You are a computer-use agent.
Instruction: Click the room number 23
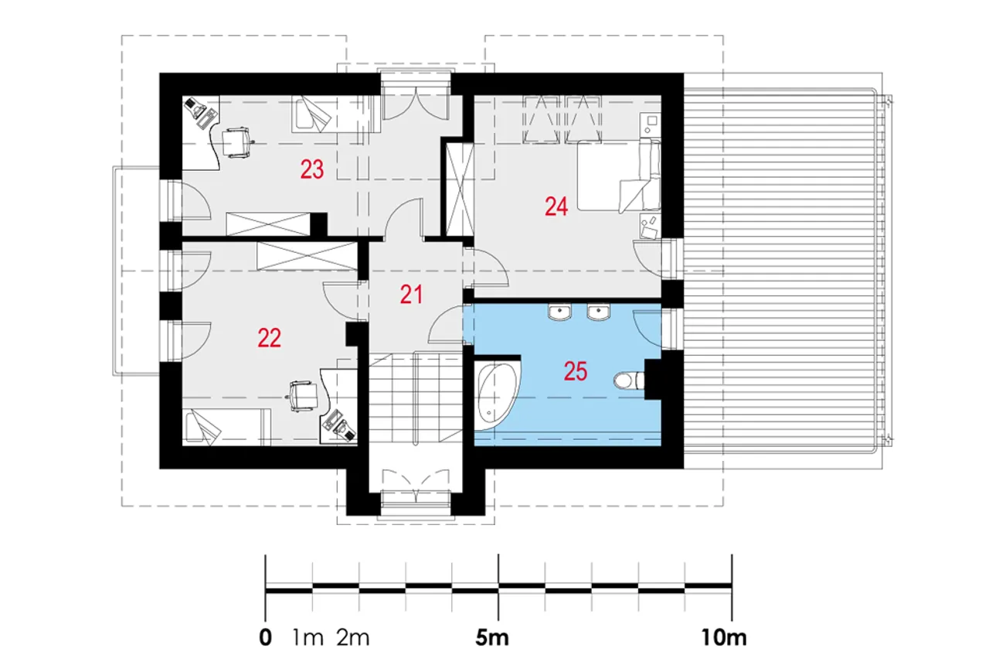(x=312, y=169)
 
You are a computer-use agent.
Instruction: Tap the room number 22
(x=270, y=339)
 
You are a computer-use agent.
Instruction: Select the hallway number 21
(x=411, y=295)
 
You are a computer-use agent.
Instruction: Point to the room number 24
(x=556, y=206)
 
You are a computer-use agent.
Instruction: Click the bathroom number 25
(x=576, y=371)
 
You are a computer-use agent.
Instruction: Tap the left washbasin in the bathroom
(x=560, y=312)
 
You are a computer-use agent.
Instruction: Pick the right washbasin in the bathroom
(x=598, y=312)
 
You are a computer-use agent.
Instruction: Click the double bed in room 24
(x=619, y=175)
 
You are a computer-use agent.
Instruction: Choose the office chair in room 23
(x=236, y=142)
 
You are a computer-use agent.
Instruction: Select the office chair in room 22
(x=304, y=396)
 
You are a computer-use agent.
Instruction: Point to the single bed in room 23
(x=335, y=114)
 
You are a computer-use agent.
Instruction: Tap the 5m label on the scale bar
(x=492, y=637)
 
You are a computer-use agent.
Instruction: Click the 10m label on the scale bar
(x=724, y=637)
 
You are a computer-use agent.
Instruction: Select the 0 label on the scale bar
(x=265, y=637)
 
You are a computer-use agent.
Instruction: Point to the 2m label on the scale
(x=353, y=638)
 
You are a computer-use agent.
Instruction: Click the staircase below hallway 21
(x=416, y=397)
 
